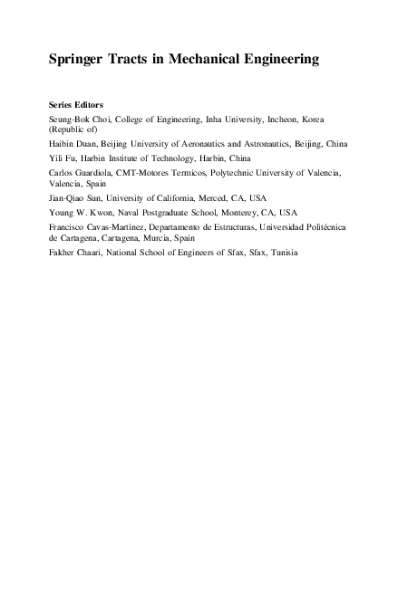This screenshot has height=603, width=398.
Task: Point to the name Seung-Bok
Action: [x=70, y=120]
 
